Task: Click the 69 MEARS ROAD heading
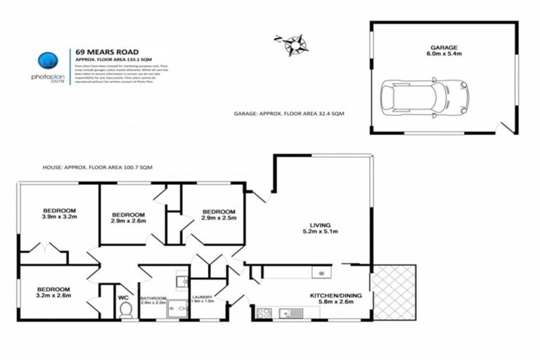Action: point(107,52)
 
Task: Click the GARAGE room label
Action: point(443,47)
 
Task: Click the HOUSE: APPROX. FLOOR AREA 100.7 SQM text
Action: point(97,168)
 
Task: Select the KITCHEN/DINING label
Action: point(335,295)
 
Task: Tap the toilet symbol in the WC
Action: point(126,310)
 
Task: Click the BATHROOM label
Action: point(153,298)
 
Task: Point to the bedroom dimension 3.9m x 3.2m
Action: point(60,217)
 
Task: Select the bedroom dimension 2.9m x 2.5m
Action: point(219,218)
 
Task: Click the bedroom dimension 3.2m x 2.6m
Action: point(53,296)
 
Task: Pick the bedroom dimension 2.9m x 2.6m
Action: point(128,221)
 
